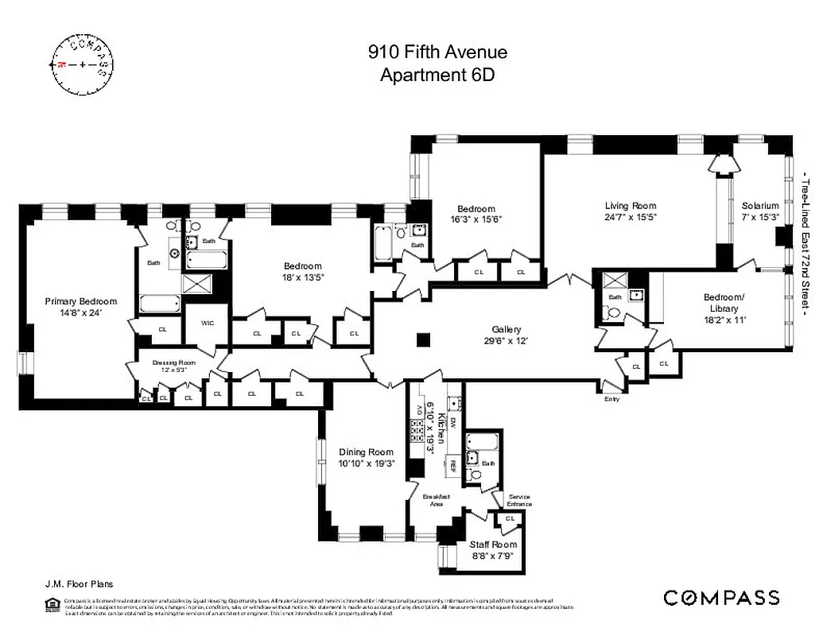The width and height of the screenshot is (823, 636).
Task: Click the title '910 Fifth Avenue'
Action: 437,53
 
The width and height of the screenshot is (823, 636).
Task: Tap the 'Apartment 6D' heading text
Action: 437,76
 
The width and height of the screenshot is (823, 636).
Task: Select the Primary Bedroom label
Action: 80,301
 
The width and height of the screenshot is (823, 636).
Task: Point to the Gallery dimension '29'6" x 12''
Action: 507,340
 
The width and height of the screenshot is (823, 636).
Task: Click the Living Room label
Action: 631,206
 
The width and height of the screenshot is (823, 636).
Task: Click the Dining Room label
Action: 366,452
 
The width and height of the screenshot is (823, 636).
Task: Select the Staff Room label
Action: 493,545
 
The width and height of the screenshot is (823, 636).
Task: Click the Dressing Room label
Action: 173,363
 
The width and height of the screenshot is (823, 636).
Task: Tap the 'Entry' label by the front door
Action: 611,398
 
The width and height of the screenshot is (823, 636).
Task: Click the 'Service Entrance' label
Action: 519,501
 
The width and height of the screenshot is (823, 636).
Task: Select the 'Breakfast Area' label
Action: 440,500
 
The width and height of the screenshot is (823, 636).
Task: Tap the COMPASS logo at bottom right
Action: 721,598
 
